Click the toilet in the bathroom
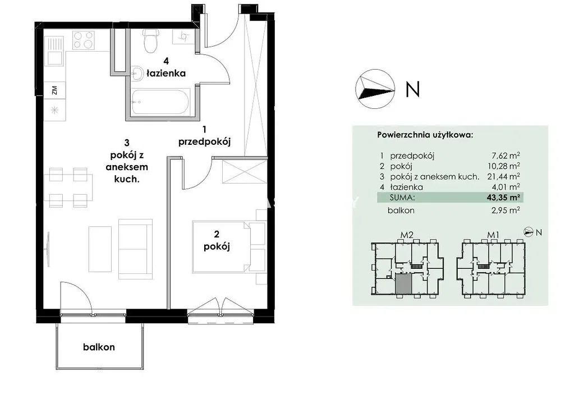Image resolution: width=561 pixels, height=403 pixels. (150, 41)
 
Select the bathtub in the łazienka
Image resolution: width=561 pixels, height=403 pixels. (159, 102)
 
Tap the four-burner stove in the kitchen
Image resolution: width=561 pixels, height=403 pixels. (84, 40)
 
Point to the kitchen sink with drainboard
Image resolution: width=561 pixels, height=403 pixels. (54, 51)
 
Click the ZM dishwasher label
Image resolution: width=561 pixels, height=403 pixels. (54, 90)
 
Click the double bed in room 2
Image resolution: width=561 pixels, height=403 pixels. (229, 247)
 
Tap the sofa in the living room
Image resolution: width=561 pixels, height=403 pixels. (135, 249)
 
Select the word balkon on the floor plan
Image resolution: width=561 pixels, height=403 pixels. (99, 347)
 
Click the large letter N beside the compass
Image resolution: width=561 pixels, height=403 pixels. (412, 89)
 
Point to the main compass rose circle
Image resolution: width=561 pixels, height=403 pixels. (375, 89)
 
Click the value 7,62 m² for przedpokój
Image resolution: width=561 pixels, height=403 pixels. (506, 155)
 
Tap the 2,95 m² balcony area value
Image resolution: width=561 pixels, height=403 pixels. (505, 210)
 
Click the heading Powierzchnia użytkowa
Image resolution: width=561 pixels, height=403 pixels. (425, 135)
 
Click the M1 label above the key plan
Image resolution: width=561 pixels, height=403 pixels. (493, 235)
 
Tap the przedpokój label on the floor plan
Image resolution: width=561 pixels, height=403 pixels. (204, 142)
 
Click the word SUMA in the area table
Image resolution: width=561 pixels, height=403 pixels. (402, 198)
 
